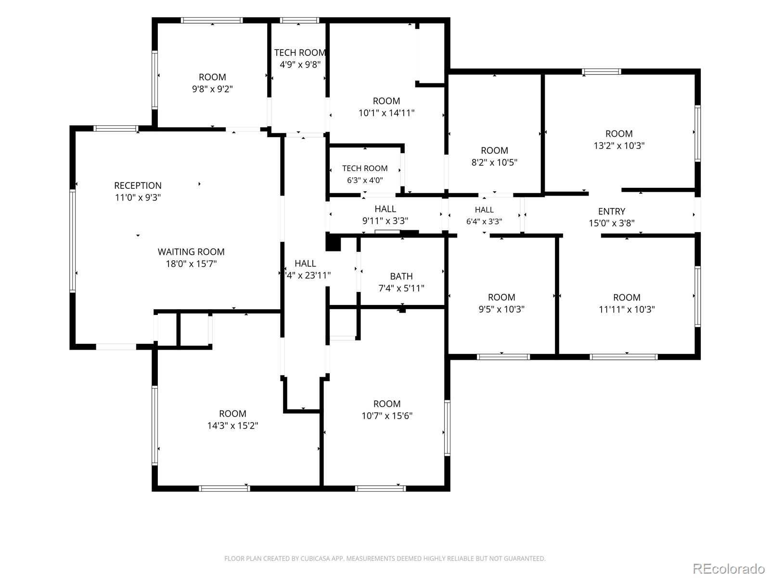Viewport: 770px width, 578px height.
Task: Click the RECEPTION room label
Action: pos(138,185)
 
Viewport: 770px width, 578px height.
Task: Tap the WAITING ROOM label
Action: pos(191,251)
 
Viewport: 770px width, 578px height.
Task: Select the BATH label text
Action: pos(401,276)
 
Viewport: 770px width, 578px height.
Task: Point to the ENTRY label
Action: pos(612,211)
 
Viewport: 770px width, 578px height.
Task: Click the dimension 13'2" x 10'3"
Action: pos(619,145)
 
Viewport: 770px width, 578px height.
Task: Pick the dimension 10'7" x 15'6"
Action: pos(387,416)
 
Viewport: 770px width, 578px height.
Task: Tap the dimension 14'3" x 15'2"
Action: pos(232,426)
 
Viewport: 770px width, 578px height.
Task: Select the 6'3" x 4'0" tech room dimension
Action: pos(365,180)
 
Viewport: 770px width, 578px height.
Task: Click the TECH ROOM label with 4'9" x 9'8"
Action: pos(300,53)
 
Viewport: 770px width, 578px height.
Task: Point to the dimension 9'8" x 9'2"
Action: pos(212,89)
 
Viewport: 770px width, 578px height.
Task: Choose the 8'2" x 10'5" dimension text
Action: pos(494,162)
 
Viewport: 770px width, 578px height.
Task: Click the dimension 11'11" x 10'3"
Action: pos(627,310)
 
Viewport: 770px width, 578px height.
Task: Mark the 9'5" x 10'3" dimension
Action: pos(501,309)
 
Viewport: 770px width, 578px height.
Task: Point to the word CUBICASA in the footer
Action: pos(315,558)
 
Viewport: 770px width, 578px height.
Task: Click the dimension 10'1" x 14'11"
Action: pos(386,113)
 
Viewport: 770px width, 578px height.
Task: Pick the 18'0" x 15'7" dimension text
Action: pos(191,264)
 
